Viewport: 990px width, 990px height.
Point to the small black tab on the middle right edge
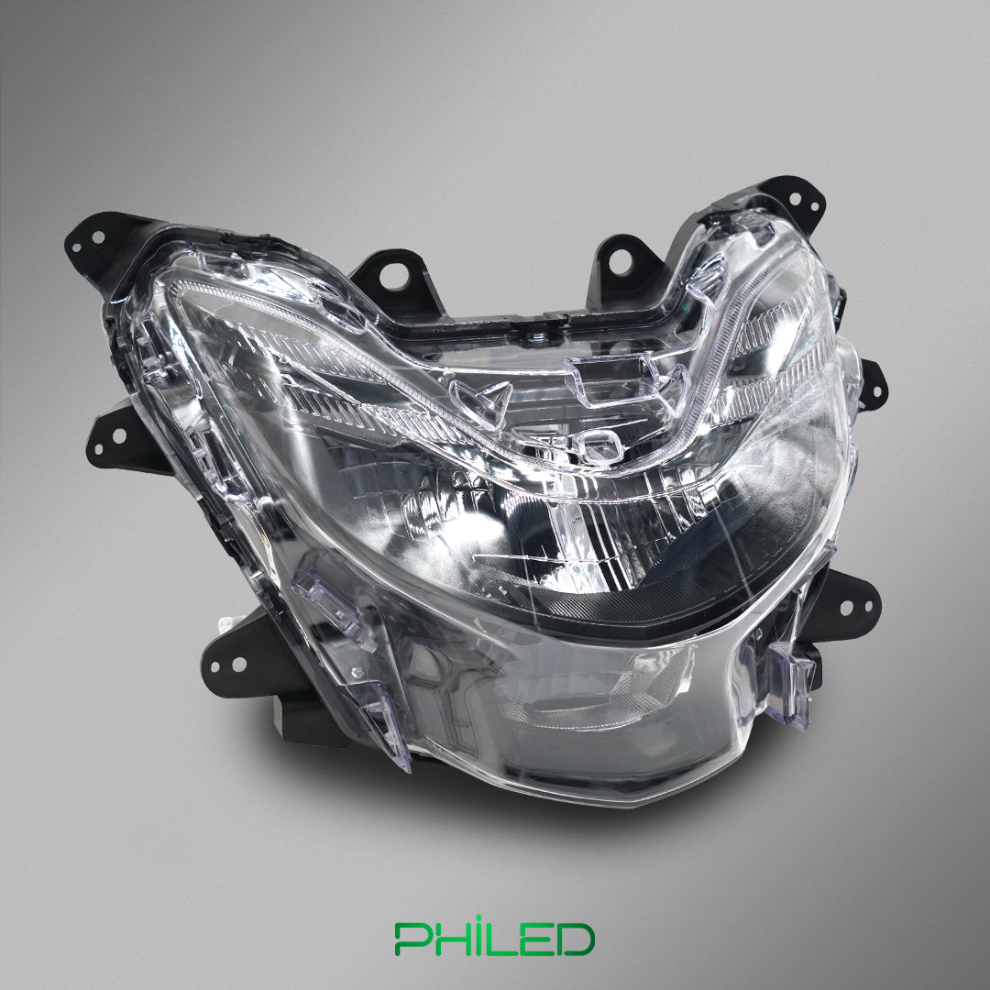tap(871, 380)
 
